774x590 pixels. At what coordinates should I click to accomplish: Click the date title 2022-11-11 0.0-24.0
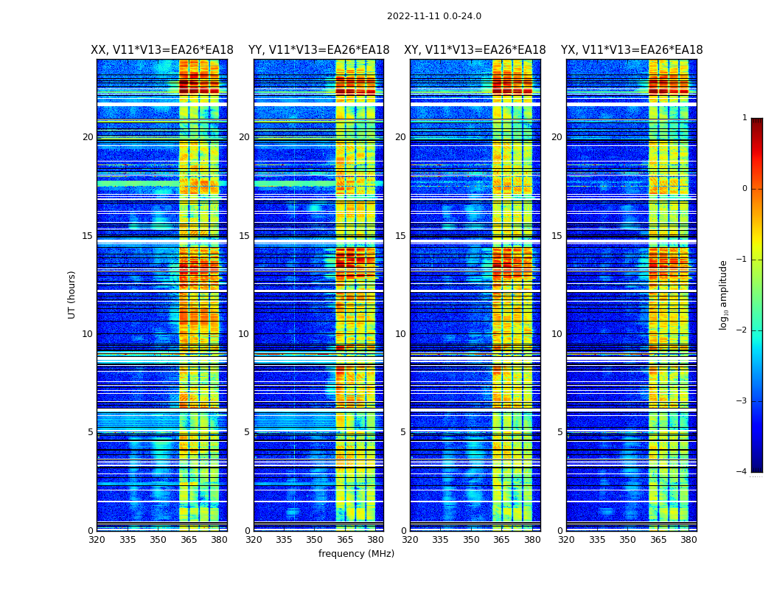433,16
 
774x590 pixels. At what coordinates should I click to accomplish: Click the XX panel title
162,50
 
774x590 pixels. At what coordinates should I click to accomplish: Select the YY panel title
318,50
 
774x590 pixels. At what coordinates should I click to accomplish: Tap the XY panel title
475,50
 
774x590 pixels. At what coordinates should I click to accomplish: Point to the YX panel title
632,50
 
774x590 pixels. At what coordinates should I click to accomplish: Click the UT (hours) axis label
72,294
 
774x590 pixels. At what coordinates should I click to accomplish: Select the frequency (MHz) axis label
356,554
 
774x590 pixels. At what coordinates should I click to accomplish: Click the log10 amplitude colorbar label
724,294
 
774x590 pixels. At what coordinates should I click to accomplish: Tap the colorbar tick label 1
745,118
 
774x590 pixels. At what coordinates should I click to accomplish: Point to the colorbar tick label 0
745,189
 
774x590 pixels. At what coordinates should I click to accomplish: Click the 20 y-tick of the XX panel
88,137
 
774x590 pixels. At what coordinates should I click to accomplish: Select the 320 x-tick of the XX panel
97,540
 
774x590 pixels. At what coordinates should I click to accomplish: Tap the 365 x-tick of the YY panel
345,540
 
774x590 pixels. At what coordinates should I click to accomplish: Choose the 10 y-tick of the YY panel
244,334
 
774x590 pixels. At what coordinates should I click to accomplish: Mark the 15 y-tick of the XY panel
400,236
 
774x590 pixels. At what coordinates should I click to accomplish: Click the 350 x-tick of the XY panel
471,540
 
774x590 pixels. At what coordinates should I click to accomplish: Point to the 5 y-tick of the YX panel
559,432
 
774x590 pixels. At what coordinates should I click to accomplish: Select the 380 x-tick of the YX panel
688,540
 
